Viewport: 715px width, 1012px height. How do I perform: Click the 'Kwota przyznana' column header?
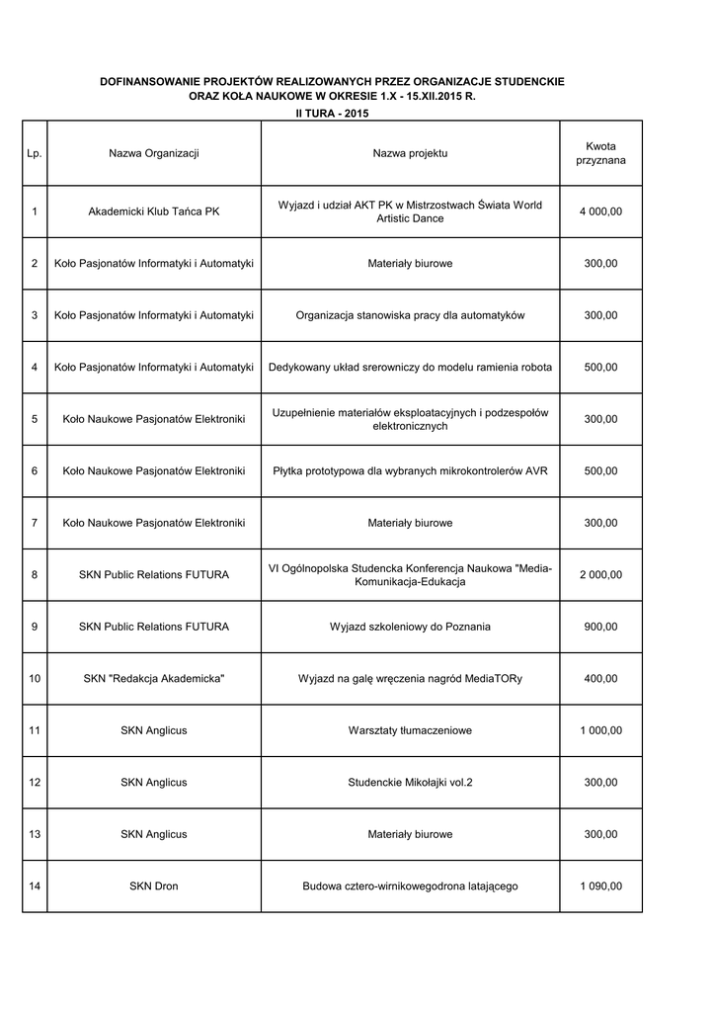pos(600,153)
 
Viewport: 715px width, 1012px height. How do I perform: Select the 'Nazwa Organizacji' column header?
pos(154,153)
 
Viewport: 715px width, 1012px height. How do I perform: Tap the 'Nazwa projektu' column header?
pos(410,153)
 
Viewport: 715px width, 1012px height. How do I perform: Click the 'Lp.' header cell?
pos(35,153)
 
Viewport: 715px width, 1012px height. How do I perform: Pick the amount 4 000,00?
pos(600,211)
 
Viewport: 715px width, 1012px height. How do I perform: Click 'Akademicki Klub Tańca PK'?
pos(154,211)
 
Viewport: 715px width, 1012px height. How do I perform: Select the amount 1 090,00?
pos(600,886)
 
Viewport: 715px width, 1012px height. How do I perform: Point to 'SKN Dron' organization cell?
pos(154,886)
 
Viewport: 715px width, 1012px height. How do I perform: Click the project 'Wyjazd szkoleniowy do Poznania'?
pos(410,627)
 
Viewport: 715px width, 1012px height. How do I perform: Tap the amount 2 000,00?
pos(600,575)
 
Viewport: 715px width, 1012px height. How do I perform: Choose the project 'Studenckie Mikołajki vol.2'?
pos(410,783)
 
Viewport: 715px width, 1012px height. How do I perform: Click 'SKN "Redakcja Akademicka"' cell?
pos(154,679)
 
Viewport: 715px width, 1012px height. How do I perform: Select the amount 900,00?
pos(600,627)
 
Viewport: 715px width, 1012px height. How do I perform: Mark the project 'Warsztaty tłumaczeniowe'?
pos(410,730)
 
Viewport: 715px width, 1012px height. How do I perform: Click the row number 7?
pos(35,523)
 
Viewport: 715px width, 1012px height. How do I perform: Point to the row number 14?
pos(35,886)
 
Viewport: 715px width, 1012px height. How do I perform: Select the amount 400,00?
pos(600,679)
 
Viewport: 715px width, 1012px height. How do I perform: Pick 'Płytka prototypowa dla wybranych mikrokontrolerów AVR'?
pos(410,471)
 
